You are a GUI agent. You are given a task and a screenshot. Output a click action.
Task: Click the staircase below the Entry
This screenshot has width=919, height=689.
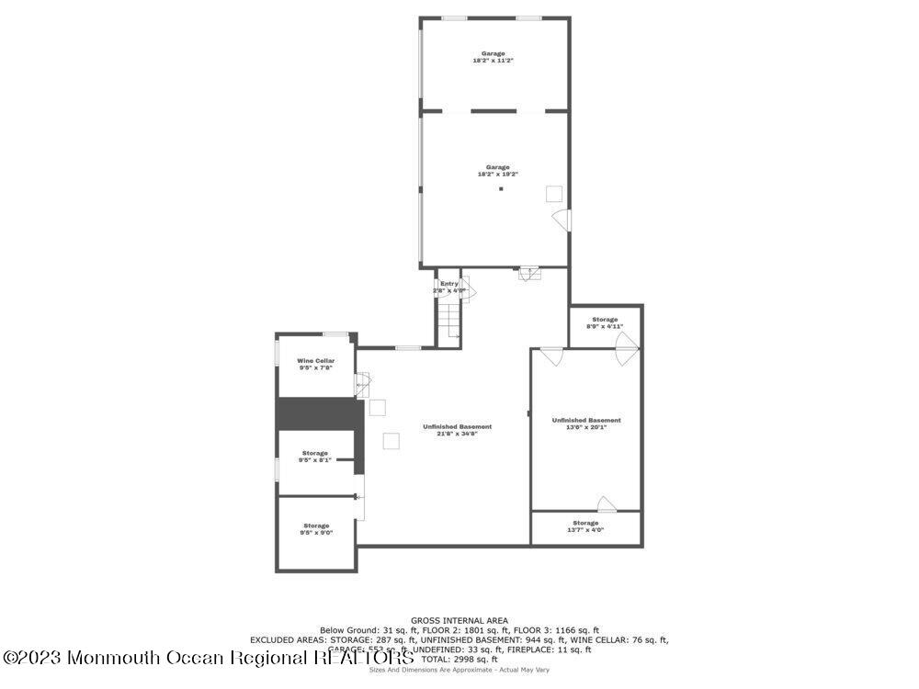[x=448, y=322]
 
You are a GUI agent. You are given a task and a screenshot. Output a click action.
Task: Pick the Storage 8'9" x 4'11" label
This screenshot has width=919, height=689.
[x=605, y=322]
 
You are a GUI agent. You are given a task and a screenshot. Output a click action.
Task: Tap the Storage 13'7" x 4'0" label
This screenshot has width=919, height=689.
[x=585, y=525]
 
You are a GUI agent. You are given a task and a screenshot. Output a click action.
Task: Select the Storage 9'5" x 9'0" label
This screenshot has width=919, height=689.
[x=315, y=528]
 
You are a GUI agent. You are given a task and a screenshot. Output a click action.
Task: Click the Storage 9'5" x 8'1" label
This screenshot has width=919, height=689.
[x=315, y=456]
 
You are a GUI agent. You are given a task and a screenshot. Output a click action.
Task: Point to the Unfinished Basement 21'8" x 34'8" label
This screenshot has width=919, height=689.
[x=457, y=429]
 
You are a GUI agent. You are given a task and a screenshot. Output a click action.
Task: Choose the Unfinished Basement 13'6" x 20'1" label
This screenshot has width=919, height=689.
[x=586, y=423]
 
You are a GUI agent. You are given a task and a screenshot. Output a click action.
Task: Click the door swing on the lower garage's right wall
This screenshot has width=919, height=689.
[x=562, y=220]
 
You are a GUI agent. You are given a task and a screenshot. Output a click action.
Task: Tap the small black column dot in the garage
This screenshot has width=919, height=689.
[x=501, y=190]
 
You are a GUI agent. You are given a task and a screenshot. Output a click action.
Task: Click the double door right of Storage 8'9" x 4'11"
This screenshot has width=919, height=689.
[x=628, y=348]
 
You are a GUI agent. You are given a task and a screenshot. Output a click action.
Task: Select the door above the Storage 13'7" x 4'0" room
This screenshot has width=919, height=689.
[x=606, y=503]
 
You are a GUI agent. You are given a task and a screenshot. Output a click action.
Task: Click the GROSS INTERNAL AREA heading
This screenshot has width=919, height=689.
[x=459, y=620]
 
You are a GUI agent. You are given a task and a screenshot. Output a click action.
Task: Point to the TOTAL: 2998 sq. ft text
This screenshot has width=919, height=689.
[x=459, y=659]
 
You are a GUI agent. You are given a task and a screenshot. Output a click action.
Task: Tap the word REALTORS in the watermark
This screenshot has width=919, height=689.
[x=363, y=657]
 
